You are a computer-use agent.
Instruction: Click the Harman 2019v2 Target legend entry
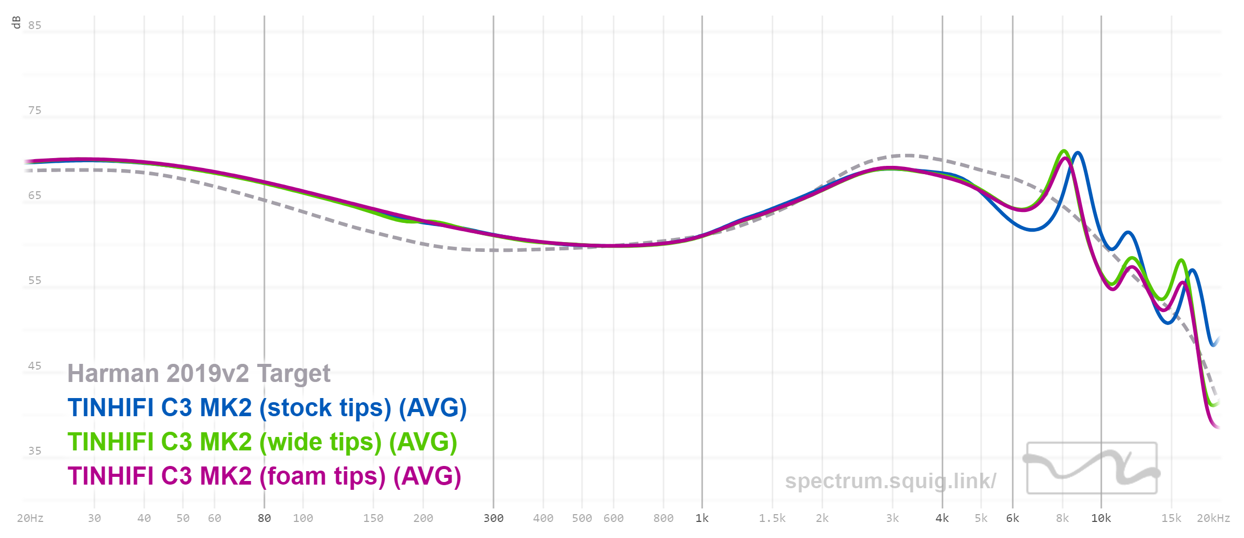pyautogui.click(x=199, y=374)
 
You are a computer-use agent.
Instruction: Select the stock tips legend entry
pyautogui.click(x=267, y=408)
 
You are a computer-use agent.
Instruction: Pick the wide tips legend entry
pyautogui.click(x=262, y=442)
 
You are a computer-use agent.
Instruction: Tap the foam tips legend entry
pyautogui.click(x=264, y=476)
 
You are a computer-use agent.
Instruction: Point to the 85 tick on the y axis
pyautogui.click(x=35, y=25)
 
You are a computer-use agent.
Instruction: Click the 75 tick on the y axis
pyautogui.click(x=35, y=110)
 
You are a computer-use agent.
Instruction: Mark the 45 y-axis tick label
pyautogui.click(x=35, y=366)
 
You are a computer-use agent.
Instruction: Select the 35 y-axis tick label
pyautogui.click(x=35, y=451)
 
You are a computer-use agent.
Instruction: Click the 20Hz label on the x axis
pyautogui.click(x=30, y=518)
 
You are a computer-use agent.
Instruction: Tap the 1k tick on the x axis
pyautogui.click(x=702, y=518)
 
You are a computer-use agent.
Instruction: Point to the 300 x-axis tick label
pyautogui.click(x=493, y=518)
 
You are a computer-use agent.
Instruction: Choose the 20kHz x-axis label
pyautogui.click(x=1213, y=518)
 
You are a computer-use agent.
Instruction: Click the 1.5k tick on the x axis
pyautogui.click(x=772, y=518)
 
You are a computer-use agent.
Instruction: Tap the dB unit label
pyautogui.click(x=16, y=22)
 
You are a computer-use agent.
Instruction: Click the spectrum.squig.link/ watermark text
pyautogui.click(x=890, y=481)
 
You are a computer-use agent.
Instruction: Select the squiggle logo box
pyautogui.click(x=1092, y=468)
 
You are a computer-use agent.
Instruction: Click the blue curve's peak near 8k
pyautogui.click(x=1078, y=153)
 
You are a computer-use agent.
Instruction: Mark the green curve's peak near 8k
pyautogui.click(x=1064, y=151)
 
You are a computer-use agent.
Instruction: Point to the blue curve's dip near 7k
pyautogui.click(x=1032, y=230)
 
